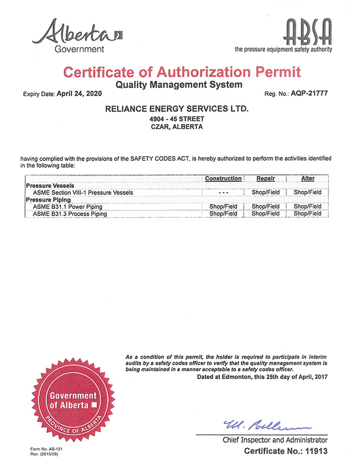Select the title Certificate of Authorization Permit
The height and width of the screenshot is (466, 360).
coord(182,71)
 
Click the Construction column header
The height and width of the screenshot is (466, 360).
coord(223,178)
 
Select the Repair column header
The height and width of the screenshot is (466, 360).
coord(266,178)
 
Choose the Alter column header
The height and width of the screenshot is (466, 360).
coord(308,178)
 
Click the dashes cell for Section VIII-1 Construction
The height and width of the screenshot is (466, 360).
coord(223,192)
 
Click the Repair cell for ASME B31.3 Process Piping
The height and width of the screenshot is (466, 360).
coord(266,213)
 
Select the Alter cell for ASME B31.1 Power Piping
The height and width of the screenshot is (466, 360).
coord(308,206)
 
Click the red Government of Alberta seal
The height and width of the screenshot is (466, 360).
coord(73,401)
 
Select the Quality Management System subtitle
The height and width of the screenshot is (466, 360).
coord(178,85)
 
